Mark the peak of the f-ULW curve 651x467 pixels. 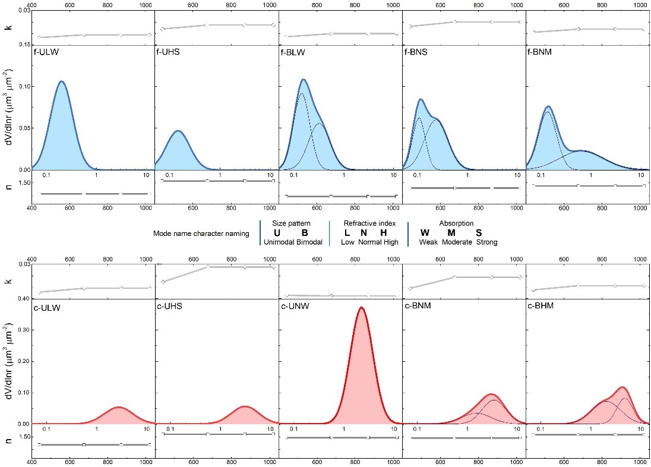pyautogui.click(x=61, y=81)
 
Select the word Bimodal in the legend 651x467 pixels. pyautogui.click(x=309, y=242)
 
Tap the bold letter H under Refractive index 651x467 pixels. pyautogui.click(x=383, y=233)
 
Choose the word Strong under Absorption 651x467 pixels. pyautogui.click(x=486, y=242)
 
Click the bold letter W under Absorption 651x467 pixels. pyautogui.click(x=425, y=233)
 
